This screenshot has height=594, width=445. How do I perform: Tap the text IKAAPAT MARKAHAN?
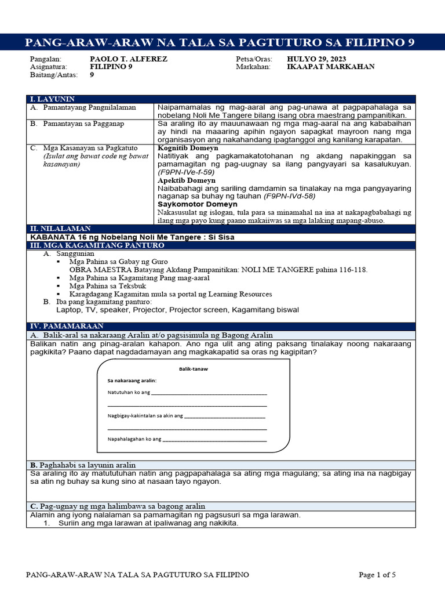coord(330,67)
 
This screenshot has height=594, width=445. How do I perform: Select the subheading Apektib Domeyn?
coord(186,180)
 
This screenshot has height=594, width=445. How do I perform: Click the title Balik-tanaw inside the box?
coord(193,369)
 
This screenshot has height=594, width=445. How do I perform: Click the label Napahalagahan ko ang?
coord(134,439)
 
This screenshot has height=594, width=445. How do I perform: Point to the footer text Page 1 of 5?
coord(377,575)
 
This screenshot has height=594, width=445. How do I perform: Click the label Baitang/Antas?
coord(52,75)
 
